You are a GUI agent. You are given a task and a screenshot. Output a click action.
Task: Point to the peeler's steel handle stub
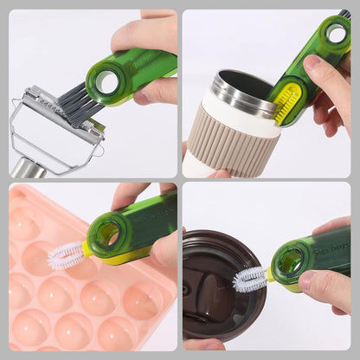click(x=29, y=167)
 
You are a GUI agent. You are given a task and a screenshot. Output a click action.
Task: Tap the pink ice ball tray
click(x=69, y=303)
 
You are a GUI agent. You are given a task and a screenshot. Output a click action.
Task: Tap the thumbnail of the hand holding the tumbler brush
click(x=312, y=63)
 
